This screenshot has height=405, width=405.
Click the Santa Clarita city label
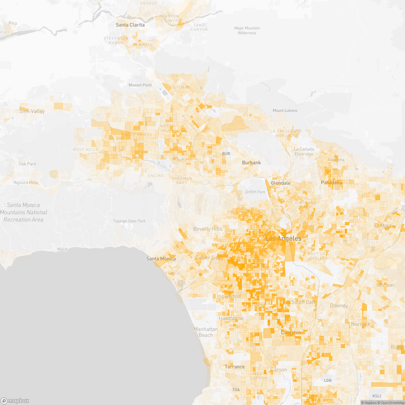click(130, 25)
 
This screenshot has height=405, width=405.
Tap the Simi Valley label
click(32, 111)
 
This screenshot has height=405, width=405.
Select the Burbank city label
click(251, 163)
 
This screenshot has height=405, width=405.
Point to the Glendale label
click(280, 183)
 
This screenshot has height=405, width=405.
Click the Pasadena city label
click(331, 183)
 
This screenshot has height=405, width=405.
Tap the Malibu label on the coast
click(63, 249)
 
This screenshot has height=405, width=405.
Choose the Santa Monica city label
click(161, 259)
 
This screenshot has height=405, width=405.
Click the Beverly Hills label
click(208, 229)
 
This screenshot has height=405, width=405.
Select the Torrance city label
click(235, 367)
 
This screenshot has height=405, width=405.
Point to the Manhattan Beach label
click(206, 332)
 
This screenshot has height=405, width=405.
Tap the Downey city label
click(339, 305)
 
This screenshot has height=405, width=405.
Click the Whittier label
click(385, 285)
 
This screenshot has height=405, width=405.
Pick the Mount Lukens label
click(285, 110)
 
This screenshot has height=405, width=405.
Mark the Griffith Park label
click(255, 192)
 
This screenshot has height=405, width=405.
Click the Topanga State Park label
click(129, 221)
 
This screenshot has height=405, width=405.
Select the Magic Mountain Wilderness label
click(247, 30)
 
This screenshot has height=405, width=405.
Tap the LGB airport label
click(327, 380)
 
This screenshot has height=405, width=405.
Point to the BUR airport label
click(226, 154)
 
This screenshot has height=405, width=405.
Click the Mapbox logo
click(15, 401)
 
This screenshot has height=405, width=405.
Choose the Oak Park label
click(27, 164)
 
